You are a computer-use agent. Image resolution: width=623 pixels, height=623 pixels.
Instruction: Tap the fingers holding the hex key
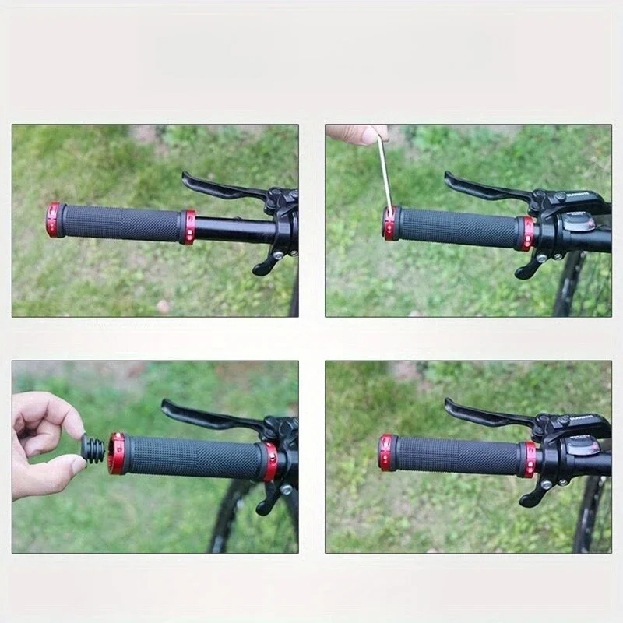[358, 134]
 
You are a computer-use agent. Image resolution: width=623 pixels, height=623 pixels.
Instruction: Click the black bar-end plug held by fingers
[93, 450]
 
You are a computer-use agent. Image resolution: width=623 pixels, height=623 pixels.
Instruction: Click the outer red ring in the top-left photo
[53, 220]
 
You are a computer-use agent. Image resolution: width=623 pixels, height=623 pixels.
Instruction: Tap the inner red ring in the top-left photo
[188, 227]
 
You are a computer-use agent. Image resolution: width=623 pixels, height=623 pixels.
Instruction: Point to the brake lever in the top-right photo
[483, 187]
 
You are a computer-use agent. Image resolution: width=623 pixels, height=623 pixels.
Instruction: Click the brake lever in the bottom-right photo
[483, 414]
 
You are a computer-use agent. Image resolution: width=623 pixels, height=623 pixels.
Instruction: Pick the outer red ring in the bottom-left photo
[117, 455]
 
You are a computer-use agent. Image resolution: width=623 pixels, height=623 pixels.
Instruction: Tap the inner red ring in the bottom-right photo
[529, 459]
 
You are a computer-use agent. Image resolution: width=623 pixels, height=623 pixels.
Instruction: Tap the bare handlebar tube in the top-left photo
[234, 229]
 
